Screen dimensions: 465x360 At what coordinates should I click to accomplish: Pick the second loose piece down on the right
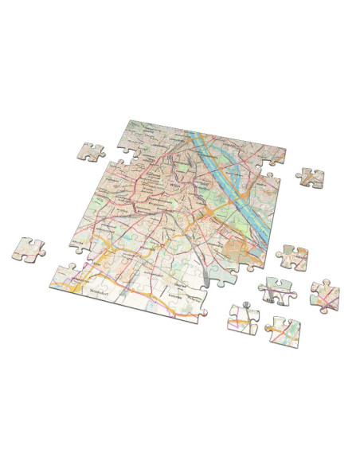[x=292, y=256]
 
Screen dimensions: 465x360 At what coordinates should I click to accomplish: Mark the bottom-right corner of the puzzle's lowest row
[x=206, y=315]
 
